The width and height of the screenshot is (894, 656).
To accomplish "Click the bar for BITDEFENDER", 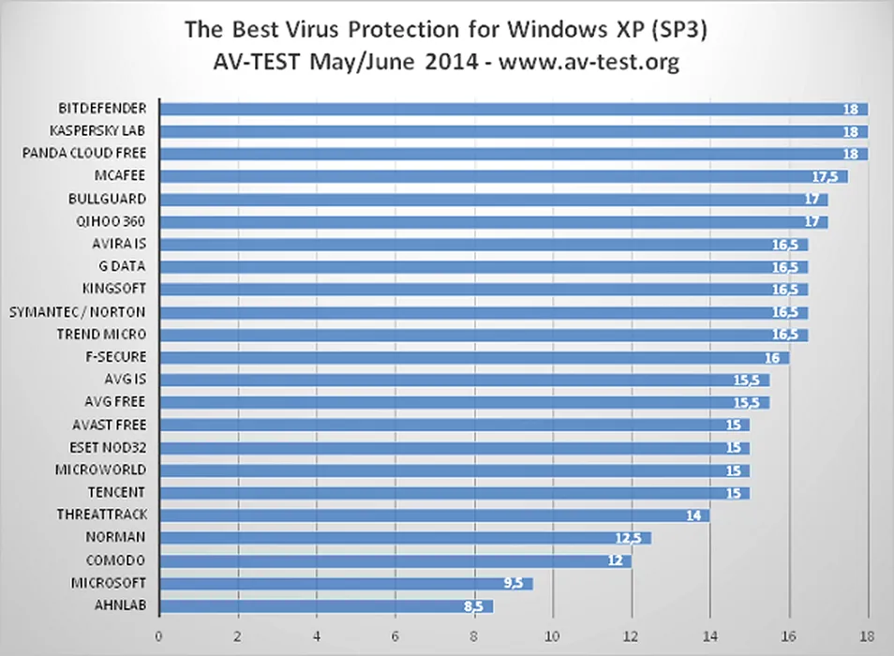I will (x=514, y=109).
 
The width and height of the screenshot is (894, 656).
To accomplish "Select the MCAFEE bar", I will (x=503, y=176).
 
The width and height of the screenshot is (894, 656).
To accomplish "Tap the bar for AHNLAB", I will (x=326, y=606).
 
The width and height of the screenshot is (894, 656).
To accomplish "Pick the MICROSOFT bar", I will (x=346, y=583).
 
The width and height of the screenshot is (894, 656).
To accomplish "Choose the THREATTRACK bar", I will (x=434, y=514).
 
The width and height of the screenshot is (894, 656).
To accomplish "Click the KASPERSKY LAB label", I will (x=97, y=130).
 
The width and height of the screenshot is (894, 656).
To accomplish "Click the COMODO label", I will (x=117, y=560).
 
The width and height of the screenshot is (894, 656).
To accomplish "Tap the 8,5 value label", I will (x=474, y=606).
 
